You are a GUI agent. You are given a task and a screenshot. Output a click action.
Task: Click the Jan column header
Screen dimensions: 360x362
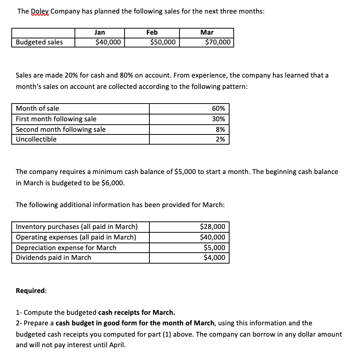99,32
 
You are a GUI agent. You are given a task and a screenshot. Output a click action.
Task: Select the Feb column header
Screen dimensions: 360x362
152,32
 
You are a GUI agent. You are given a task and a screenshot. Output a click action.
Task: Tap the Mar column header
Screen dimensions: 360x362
207,32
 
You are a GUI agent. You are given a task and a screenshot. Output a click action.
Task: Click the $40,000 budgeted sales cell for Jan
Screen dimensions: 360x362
108,42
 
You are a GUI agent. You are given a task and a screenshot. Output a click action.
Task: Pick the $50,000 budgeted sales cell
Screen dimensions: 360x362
163,42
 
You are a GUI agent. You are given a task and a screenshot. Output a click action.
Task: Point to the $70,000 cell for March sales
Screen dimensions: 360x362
218,42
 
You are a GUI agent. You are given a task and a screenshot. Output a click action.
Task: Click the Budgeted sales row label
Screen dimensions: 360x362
40,42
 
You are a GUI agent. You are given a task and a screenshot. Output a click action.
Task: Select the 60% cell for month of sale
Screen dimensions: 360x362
219,109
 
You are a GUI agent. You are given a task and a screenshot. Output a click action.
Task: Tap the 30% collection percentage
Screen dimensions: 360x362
219,119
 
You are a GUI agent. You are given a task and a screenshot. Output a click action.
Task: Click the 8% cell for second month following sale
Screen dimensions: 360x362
220,129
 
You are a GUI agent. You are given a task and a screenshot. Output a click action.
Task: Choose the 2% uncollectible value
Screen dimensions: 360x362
220,139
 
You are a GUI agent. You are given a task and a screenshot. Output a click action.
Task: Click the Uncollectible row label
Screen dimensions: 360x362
36,139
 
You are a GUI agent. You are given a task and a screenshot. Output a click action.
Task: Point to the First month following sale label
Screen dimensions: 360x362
56,119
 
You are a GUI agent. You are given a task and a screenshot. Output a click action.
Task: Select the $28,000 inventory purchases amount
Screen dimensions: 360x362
213,227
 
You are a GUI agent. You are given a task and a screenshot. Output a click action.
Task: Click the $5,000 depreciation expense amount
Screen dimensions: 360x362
214,248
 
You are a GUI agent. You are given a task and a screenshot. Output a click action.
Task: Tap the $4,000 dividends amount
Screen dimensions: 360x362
214,258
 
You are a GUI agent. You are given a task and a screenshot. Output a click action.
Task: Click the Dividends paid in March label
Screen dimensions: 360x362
53,258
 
